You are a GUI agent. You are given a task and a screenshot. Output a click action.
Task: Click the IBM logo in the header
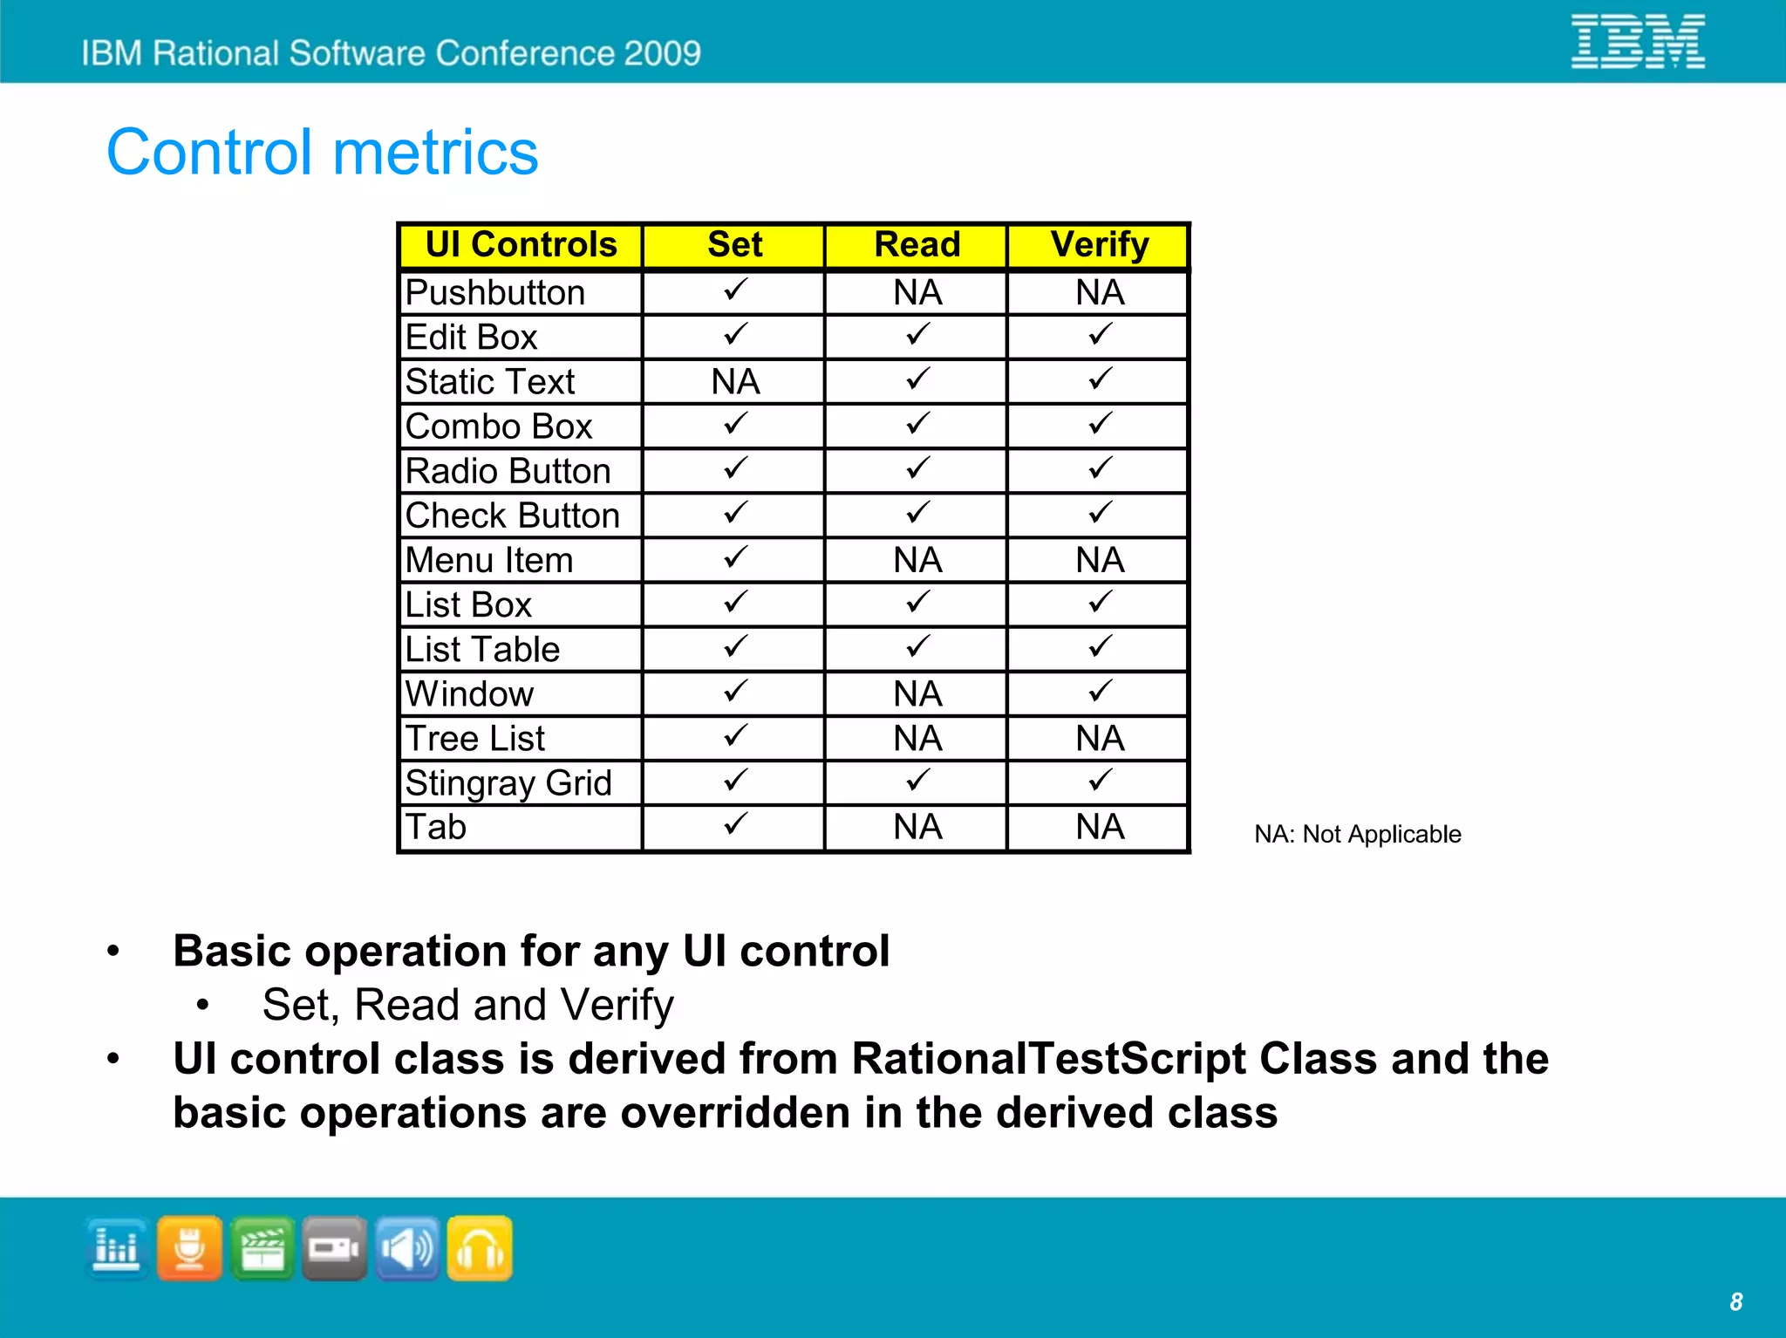point(1638,41)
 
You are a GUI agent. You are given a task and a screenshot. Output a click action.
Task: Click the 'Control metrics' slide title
point(323,152)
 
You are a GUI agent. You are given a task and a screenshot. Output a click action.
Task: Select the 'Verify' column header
point(1099,245)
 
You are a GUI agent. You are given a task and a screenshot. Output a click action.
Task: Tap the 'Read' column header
point(917,245)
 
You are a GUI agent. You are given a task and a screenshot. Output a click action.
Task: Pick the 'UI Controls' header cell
point(521,245)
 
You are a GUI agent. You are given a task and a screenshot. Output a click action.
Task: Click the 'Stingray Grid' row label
point(508,783)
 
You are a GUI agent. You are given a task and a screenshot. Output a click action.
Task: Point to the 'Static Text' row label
point(490,382)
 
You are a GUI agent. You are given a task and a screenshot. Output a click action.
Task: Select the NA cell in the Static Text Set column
point(735,382)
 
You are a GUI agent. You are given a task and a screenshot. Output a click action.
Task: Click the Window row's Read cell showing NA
point(917,694)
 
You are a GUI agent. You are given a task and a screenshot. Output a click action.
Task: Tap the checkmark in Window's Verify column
point(1100,693)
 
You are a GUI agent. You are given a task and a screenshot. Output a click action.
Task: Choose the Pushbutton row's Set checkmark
point(735,290)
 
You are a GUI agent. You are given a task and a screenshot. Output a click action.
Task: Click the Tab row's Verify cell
point(1100,827)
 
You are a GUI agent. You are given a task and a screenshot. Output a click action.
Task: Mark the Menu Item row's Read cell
point(917,560)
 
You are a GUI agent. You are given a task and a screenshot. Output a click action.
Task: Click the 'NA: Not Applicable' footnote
point(1357,835)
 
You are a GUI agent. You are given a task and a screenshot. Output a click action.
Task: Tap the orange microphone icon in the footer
point(189,1249)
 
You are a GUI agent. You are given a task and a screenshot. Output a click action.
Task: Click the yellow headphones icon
point(480,1249)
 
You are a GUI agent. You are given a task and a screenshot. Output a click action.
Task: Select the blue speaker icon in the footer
point(407,1249)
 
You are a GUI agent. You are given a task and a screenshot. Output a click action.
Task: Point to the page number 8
point(1735,1302)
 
